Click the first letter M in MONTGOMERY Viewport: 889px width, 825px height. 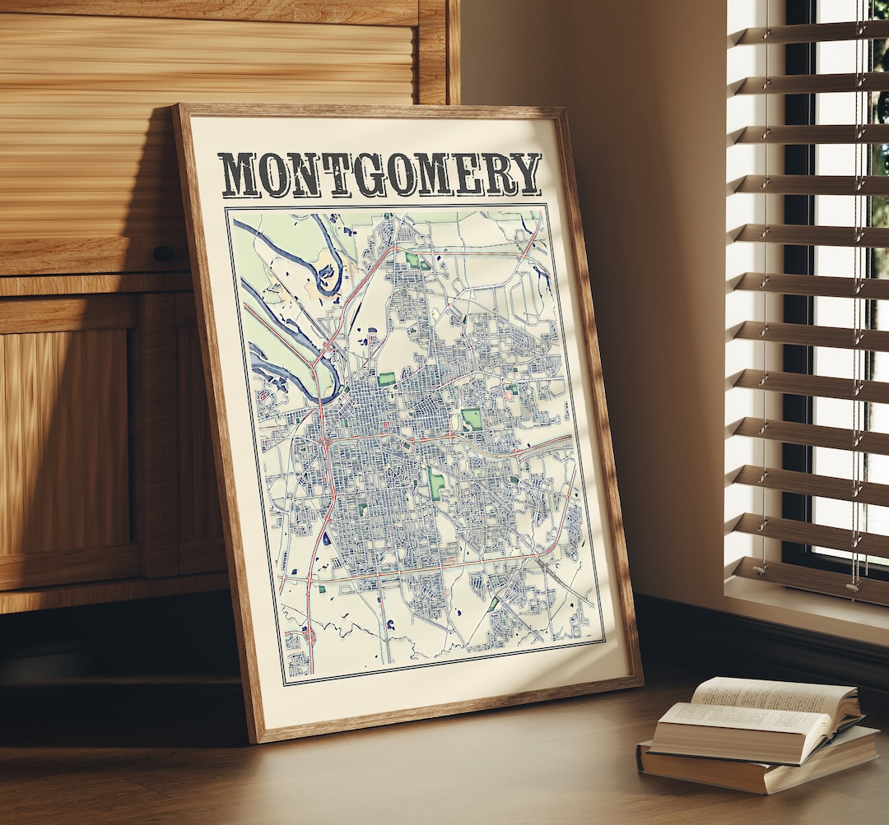coord(240,175)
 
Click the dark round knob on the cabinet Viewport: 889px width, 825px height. coord(163,253)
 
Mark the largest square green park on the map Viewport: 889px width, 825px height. coord(471,419)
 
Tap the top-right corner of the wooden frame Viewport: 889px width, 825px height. coord(563,109)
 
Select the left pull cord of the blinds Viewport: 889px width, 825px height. coord(766,329)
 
